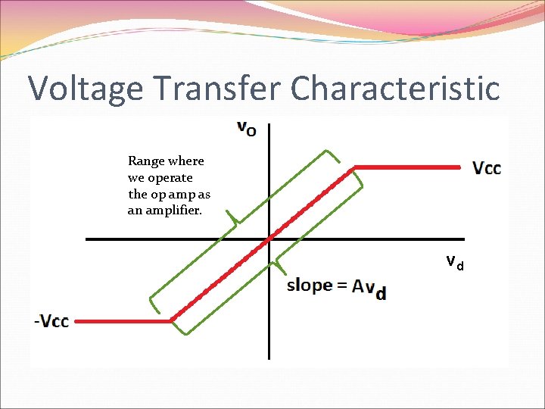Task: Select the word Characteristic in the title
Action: [394, 88]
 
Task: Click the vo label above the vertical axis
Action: [247, 128]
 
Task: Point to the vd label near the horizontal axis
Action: [454, 263]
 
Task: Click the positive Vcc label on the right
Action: [487, 167]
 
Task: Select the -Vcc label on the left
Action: [51, 321]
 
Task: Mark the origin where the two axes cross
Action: [269, 239]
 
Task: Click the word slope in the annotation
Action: [310, 286]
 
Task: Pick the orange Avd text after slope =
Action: [369, 289]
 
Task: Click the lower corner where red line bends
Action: [172, 321]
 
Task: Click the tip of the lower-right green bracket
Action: [278, 264]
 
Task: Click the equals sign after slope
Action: [343, 286]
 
